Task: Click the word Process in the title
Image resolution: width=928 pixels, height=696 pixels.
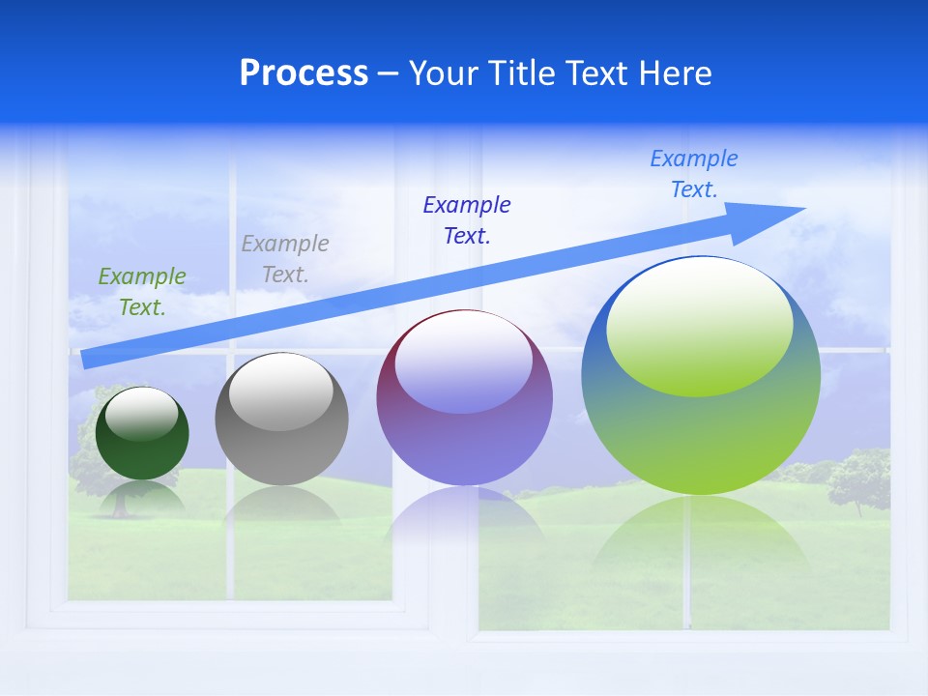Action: click(304, 73)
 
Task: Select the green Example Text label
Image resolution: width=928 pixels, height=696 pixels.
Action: click(142, 292)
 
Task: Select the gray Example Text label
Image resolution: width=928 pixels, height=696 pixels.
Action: click(285, 259)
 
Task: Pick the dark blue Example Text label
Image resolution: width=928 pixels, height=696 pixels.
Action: click(467, 220)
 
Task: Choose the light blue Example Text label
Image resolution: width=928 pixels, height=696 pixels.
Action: click(694, 174)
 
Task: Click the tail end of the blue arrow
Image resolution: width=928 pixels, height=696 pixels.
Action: click(85, 359)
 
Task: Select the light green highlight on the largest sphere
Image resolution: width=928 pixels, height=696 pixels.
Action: click(700, 324)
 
